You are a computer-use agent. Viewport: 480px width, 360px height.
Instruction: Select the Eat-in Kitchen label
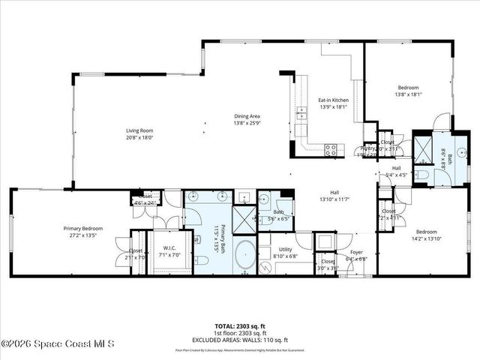[x=333, y=100]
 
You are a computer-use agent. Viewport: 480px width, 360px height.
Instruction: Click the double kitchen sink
[x=301, y=114]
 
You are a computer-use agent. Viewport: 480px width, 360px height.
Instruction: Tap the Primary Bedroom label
[x=82, y=228]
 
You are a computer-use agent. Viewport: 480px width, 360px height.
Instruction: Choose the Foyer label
[x=358, y=253]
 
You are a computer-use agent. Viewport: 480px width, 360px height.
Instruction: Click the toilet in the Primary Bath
[x=201, y=260]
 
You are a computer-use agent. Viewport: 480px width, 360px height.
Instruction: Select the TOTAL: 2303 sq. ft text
[x=240, y=326]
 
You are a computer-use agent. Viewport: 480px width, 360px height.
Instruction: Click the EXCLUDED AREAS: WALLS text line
[x=240, y=340]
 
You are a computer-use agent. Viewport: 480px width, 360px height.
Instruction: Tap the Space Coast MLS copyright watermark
[x=58, y=344]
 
